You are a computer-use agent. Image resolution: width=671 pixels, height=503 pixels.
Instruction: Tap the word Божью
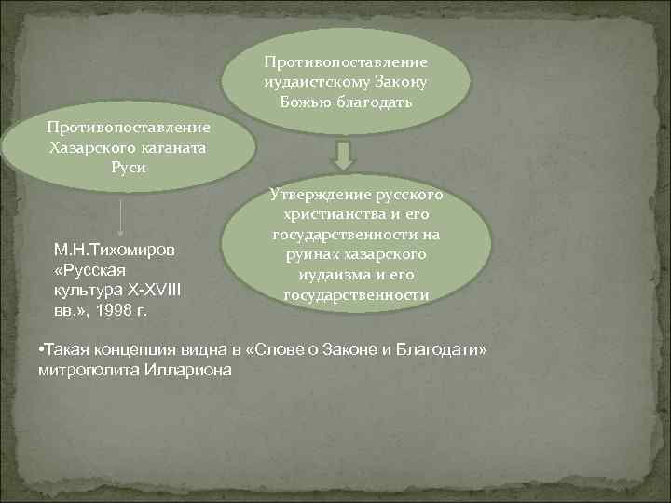point(306,99)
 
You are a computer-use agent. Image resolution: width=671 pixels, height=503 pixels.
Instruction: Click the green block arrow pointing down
point(344,155)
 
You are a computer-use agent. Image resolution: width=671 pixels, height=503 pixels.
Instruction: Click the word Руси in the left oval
point(128,167)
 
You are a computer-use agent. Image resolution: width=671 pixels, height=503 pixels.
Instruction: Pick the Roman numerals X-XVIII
point(149,289)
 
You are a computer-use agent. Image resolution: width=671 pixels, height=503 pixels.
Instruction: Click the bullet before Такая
point(42,347)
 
